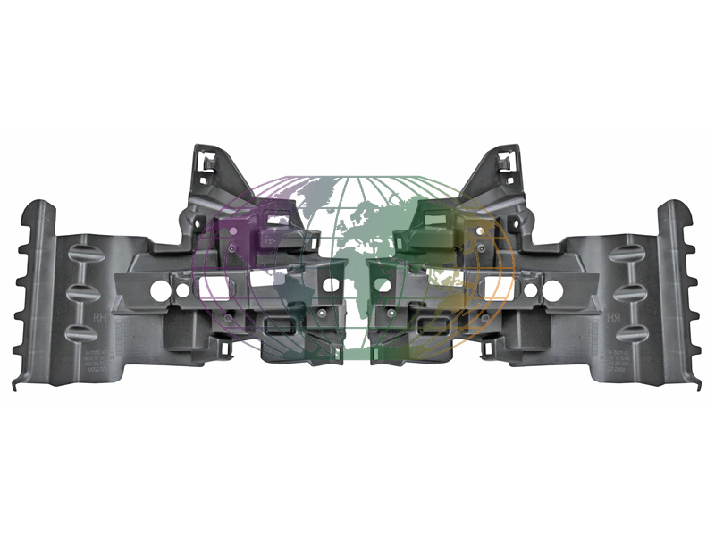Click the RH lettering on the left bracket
(92, 316)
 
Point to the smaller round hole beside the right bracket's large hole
(531, 289)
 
